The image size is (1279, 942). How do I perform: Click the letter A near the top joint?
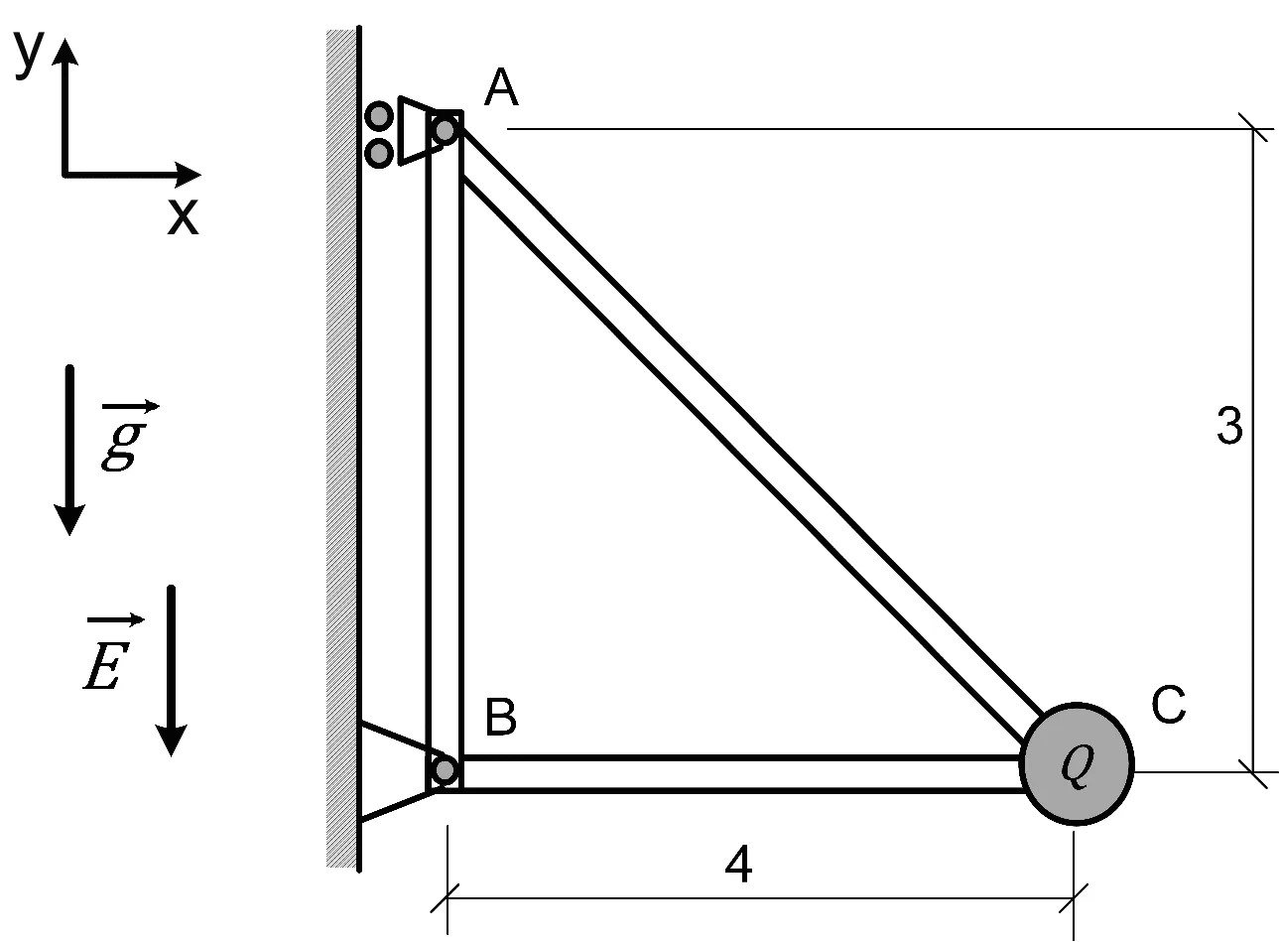501,87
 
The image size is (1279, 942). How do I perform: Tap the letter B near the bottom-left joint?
500,717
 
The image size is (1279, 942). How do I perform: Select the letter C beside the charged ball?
1168,705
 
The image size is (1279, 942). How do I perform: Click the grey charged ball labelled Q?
1077,764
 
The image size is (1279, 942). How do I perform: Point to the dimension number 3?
1229,426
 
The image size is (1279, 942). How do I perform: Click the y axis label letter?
29,54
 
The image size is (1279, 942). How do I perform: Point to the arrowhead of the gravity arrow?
69,520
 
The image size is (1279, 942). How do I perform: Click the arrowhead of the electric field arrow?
172,740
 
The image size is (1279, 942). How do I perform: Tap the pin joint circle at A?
445,130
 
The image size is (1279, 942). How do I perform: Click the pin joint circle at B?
445,770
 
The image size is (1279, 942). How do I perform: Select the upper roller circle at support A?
379,116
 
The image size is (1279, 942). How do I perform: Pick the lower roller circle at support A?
379,153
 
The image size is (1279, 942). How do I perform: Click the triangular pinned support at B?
397,772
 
